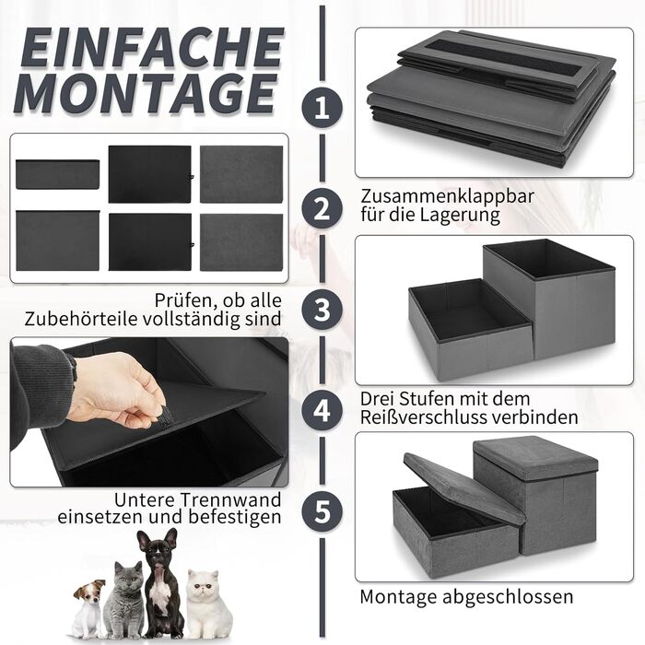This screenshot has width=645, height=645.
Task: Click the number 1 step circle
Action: point(322,108)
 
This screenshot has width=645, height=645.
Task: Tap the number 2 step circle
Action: point(322,209)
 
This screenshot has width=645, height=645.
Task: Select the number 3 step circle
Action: point(322,310)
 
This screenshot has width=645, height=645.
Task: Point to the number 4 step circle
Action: point(322,410)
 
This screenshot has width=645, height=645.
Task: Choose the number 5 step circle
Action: point(322,511)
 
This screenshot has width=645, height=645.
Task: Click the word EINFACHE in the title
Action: point(152,47)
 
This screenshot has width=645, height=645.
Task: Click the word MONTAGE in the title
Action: point(145,94)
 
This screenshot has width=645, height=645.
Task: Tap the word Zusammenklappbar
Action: point(447,196)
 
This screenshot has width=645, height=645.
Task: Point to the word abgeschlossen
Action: point(508,597)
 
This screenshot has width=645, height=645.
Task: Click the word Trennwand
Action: point(230,499)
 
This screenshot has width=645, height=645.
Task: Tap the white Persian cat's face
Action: point(202,584)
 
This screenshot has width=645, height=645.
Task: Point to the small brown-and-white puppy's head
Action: point(89,592)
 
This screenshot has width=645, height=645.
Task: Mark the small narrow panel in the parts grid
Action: point(57,174)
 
